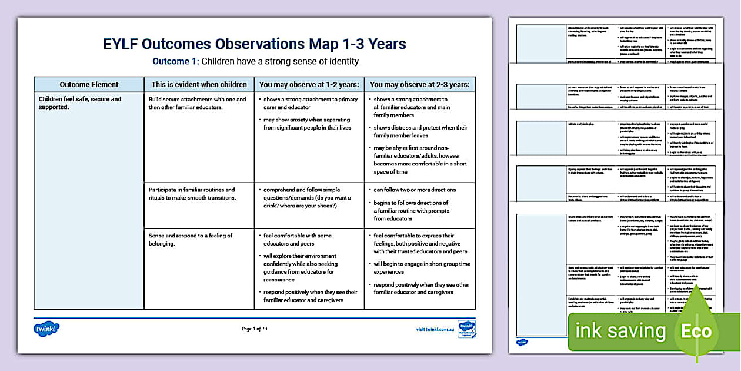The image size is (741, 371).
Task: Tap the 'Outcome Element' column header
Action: [x=89, y=85]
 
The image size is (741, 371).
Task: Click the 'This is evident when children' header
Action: [x=199, y=85]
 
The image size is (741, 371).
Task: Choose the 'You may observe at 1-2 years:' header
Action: [x=309, y=85]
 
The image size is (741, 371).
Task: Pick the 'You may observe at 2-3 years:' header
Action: [x=419, y=85]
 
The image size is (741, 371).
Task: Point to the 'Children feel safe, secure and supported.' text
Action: [x=80, y=104]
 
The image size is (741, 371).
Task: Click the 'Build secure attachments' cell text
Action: [x=197, y=104]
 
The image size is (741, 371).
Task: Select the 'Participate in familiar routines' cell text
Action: [x=192, y=194]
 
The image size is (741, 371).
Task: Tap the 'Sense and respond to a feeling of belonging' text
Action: [x=191, y=240]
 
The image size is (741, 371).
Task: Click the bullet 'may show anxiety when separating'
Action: [x=307, y=124]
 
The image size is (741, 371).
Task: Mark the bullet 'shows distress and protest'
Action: [x=420, y=131]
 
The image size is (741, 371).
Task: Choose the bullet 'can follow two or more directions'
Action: [x=415, y=190]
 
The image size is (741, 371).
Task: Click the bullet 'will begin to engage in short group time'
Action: [x=422, y=268]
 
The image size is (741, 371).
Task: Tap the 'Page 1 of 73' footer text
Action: [x=255, y=329]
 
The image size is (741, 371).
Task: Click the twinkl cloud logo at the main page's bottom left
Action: [x=46, y=329]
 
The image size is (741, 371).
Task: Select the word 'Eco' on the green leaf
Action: [x=696, y=332]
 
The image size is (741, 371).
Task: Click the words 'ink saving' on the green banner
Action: [x=620, y=331]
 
